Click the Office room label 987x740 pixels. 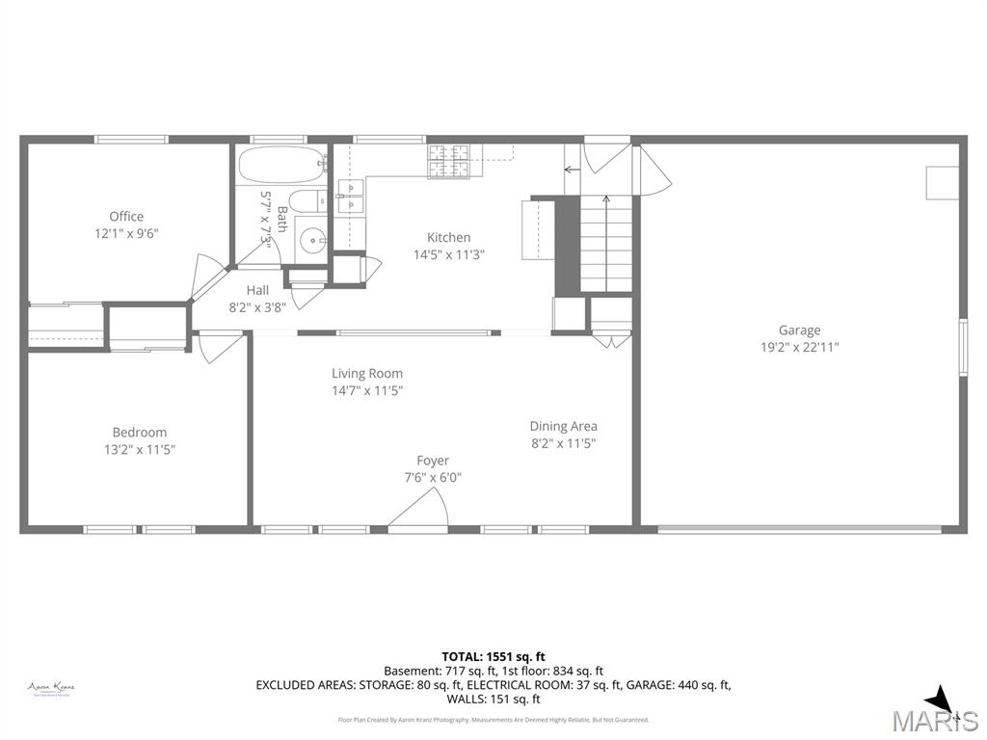pos(126,216)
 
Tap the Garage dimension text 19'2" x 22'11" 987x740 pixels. pos(799,347)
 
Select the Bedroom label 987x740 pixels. pos(139,432)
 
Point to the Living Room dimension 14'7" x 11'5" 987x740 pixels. pos(367,390)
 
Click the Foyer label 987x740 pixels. pos(433,461)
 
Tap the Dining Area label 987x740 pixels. pos(563,426)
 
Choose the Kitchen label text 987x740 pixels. pos(449,237)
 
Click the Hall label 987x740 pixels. pos(257,289)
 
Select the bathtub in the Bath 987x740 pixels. pos(280,165)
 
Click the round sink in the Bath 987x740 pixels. pos(311,238)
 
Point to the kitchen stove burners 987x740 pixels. pos(449,160)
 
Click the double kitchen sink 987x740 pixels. pos(350,196)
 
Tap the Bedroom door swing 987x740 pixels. pos(218,346)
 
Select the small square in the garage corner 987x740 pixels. pos(942,183)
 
